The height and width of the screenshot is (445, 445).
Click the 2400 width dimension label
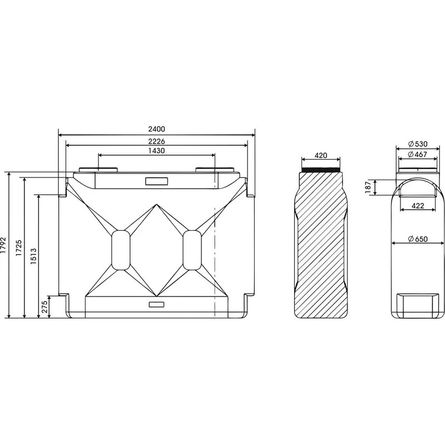tap(156, 129)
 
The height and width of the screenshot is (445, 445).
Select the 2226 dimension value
tap(156, 141)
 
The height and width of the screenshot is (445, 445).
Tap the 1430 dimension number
tap(156, 150)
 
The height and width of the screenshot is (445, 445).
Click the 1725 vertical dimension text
tap(19, 248)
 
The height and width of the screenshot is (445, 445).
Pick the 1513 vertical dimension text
tap(33, 256)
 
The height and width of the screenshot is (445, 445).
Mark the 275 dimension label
tap(45, 307)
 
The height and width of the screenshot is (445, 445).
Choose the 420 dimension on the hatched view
tap(321, 156)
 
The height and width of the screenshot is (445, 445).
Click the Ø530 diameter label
tap(418, 144)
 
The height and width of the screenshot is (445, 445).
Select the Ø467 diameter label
tap(418, 155)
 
